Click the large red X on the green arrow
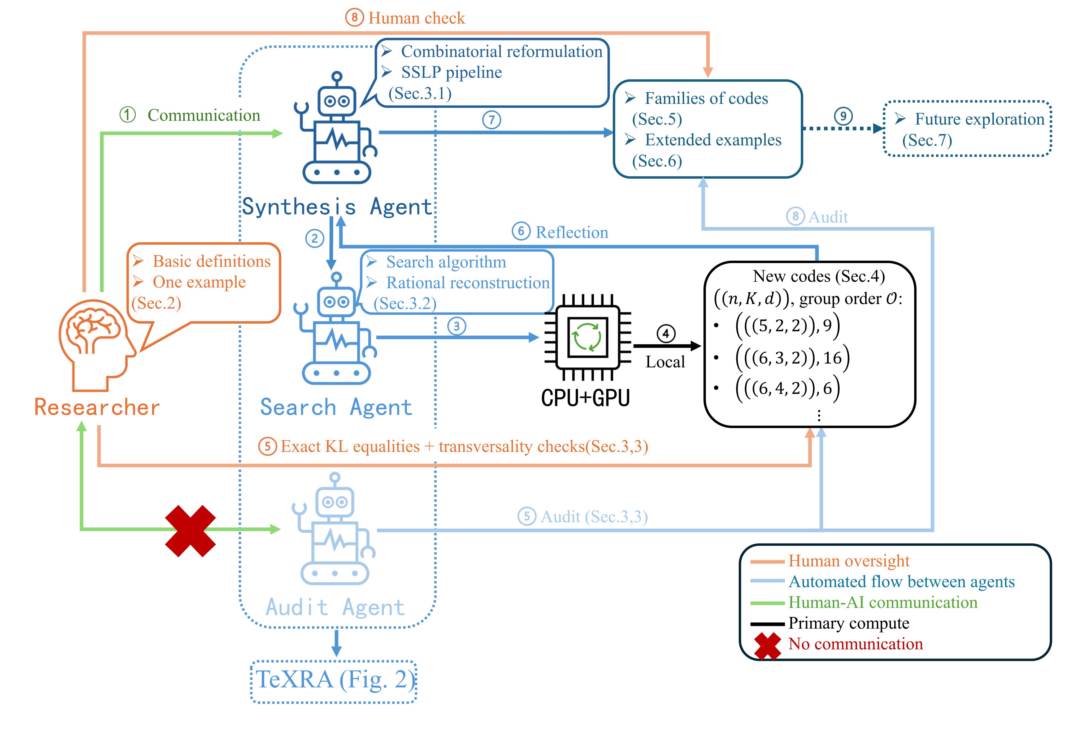tap(190, 531)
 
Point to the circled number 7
tap(491, 120)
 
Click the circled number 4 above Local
tap(666, 333)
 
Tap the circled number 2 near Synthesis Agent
tap(315, 238)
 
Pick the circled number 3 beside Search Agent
tap(457, 326)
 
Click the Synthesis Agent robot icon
tap(336, 128)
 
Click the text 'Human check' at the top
tap(416, 18)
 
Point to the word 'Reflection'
tap(572, 232)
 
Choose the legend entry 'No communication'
tap(855, 644)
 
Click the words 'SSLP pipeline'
tap(451, 73)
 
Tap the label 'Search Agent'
tap(336, 407)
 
